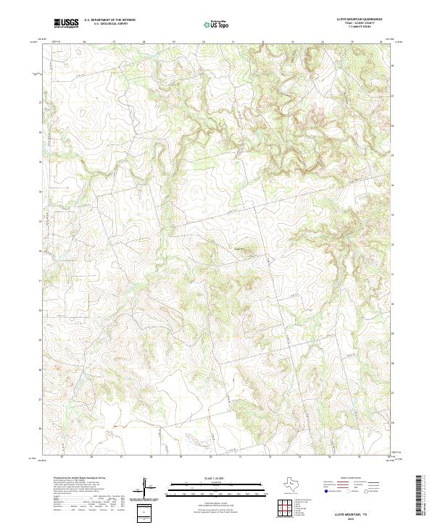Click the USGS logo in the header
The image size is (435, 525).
[66, 23]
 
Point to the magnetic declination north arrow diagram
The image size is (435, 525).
[146, 489]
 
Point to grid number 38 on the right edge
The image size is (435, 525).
[392, 65]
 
